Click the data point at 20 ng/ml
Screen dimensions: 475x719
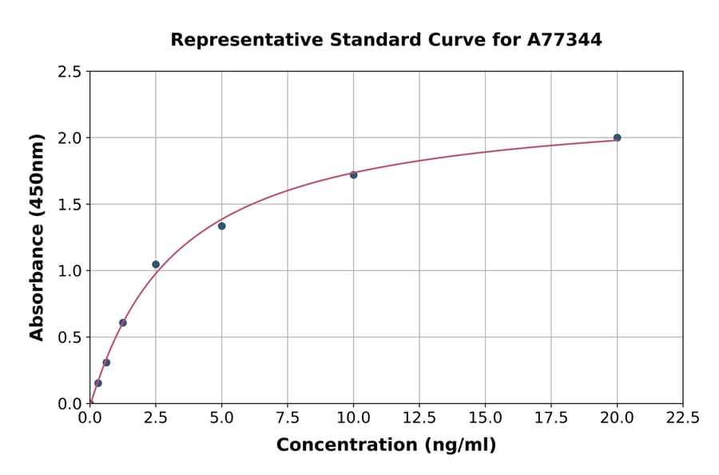(617, 138)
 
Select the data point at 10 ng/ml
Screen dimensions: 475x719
(353, 174)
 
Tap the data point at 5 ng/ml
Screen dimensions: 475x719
(221, 226)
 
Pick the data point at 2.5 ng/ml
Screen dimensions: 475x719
(156, 264)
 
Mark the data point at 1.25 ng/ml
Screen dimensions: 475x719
(123, 322)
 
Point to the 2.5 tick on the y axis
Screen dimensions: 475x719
(71, 72)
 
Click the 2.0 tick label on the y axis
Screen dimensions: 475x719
(71, 138)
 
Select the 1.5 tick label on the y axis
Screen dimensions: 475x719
(71, 205)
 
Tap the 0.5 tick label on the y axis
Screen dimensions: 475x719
(71, 337)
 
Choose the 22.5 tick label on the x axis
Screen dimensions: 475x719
(682, 418)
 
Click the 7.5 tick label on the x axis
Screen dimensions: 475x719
(288, 418)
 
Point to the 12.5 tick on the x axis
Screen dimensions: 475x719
(419, 418)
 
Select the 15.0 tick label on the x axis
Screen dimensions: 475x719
(485, 418)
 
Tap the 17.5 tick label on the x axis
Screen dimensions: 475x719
(551, 418)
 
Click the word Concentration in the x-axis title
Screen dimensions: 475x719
(347, 445)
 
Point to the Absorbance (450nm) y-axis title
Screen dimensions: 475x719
(37, 237)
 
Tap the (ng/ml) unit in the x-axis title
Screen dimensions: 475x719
(459, 445)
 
